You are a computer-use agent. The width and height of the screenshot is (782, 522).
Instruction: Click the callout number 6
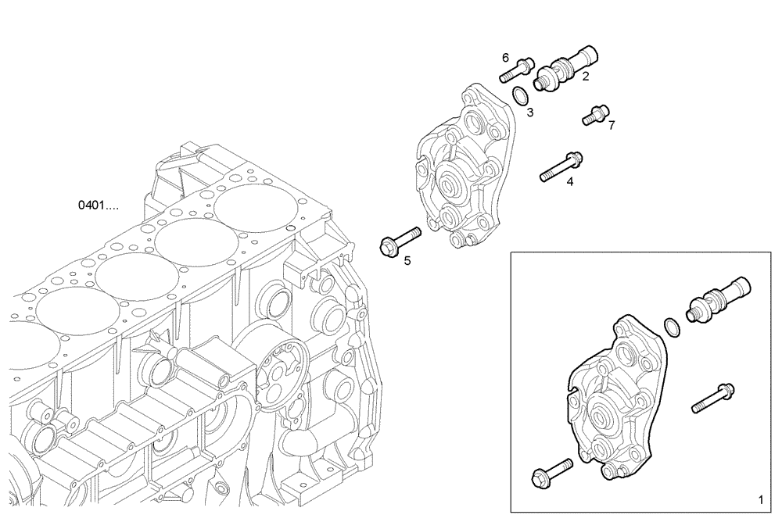[505, 58]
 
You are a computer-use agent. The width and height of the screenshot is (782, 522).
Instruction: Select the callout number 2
[584, 76]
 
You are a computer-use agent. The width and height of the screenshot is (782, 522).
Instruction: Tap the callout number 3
[529, 113]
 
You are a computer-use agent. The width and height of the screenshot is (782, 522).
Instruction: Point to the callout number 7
[612, 124]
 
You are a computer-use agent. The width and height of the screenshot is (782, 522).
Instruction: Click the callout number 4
[569, 181]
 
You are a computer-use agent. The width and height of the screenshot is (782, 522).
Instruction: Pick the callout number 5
[407, 260]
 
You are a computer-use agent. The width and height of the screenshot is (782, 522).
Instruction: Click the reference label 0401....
[99, 206]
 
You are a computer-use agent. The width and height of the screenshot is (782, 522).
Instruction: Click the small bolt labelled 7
[594, 114]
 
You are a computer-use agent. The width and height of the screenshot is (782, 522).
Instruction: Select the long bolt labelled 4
[559, 166]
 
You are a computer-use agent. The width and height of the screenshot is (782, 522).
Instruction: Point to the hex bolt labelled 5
[399, 240]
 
